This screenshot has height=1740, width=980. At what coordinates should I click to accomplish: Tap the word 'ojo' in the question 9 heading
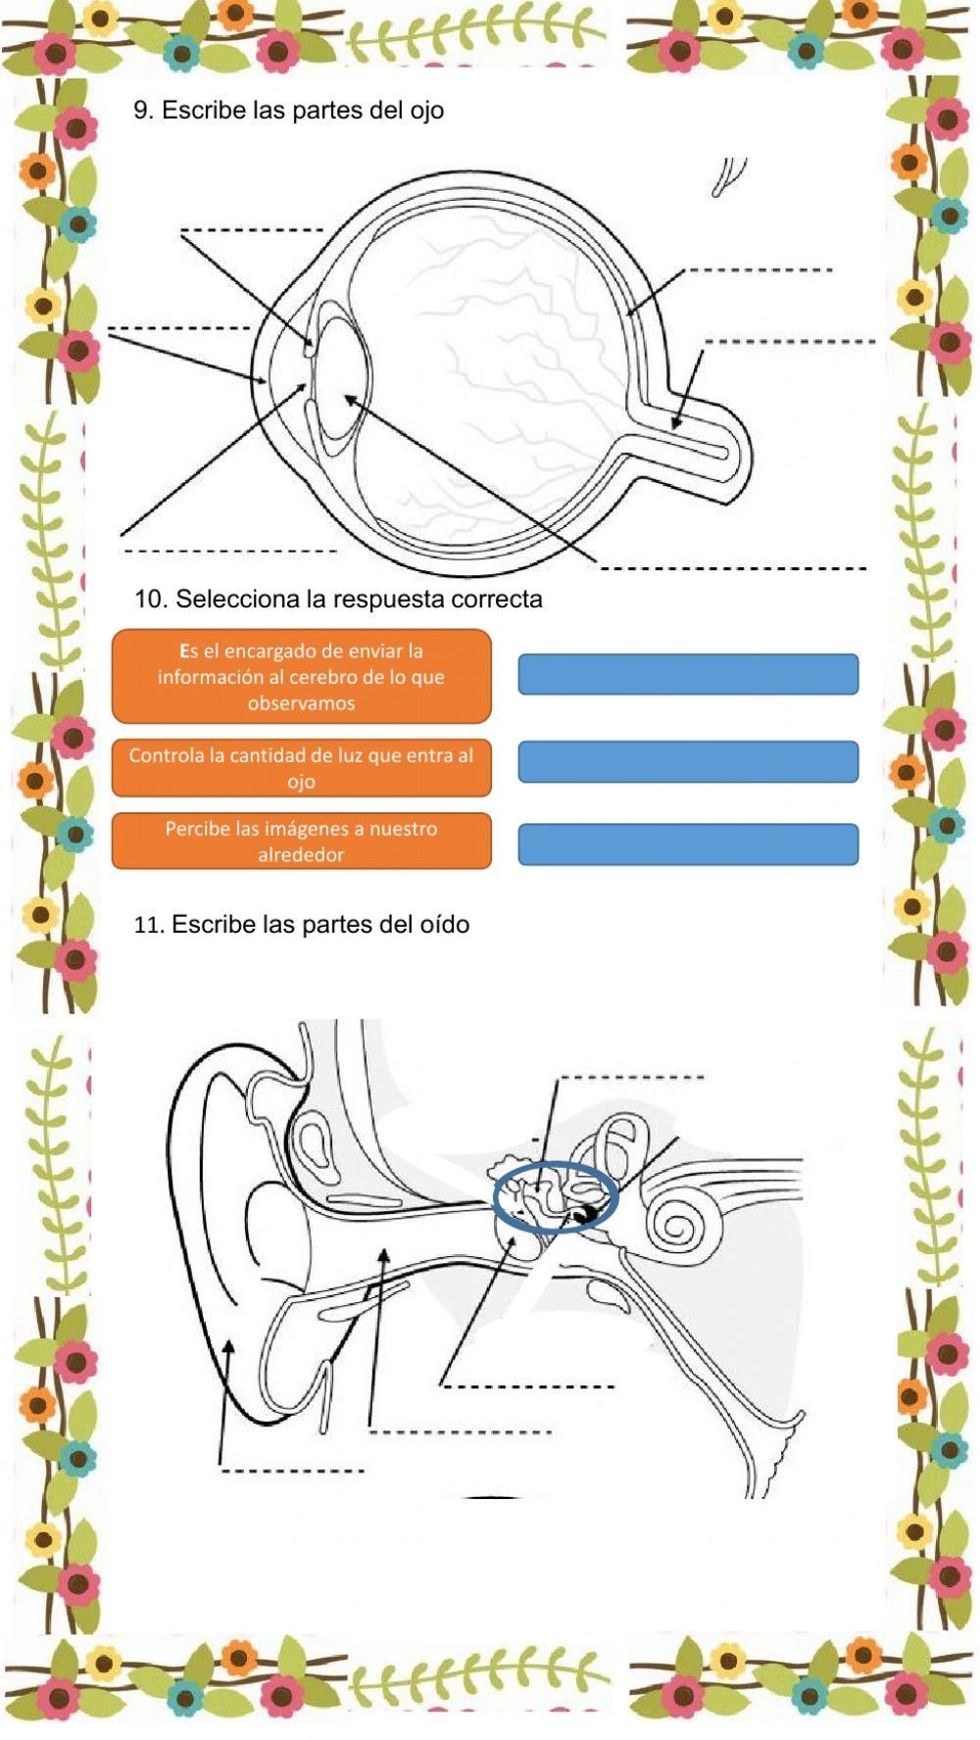click(x=426, y=111)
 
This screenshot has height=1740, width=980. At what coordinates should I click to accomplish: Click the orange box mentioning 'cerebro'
click(x=301, y=676)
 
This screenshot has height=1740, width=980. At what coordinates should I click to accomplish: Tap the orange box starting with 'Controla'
click(x=301, y=768)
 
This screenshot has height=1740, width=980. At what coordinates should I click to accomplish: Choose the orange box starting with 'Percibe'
click(x=301, y=841)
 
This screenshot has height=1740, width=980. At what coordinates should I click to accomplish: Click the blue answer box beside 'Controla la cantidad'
click(x=688, y=761)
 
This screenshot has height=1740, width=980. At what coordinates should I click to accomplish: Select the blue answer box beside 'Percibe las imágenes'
click(x=688, y=845)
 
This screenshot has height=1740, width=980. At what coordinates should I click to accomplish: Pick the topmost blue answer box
click(x=688, y=674)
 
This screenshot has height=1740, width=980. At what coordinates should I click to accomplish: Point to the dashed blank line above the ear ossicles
click(x=631, y=1079)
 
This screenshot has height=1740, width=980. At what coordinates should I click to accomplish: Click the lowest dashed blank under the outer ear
click(x=292, y=1471)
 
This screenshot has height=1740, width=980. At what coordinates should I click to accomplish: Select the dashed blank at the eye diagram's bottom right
click(x=733, y=568)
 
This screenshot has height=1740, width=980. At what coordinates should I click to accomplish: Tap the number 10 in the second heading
click(x=150, y=599)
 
